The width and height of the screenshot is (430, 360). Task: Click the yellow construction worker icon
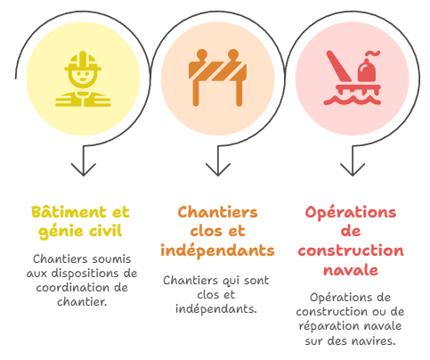[83, 78]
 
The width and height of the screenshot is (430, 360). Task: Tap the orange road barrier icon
[217, 78]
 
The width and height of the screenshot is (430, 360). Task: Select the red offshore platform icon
[352, 78]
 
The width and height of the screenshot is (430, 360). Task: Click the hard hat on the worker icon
[83, 61]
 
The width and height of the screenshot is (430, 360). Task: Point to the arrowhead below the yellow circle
[84, 169]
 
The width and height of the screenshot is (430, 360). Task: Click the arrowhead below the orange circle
[218, 169]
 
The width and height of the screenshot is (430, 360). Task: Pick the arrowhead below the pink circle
[353, 169]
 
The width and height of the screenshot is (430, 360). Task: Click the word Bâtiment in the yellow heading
[69, 212]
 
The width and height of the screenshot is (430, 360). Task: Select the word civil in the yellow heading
[106, 231]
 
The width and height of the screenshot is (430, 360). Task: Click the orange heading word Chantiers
[217, 212]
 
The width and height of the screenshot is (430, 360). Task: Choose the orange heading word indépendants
[217, 251]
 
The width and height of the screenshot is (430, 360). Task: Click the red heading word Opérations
[351, 213]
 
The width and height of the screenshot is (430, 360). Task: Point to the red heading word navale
[351, 270]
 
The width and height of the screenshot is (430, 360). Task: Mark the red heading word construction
[351, 250]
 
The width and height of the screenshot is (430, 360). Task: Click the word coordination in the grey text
[69, 288]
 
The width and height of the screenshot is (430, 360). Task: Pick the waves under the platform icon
[352, 100]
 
